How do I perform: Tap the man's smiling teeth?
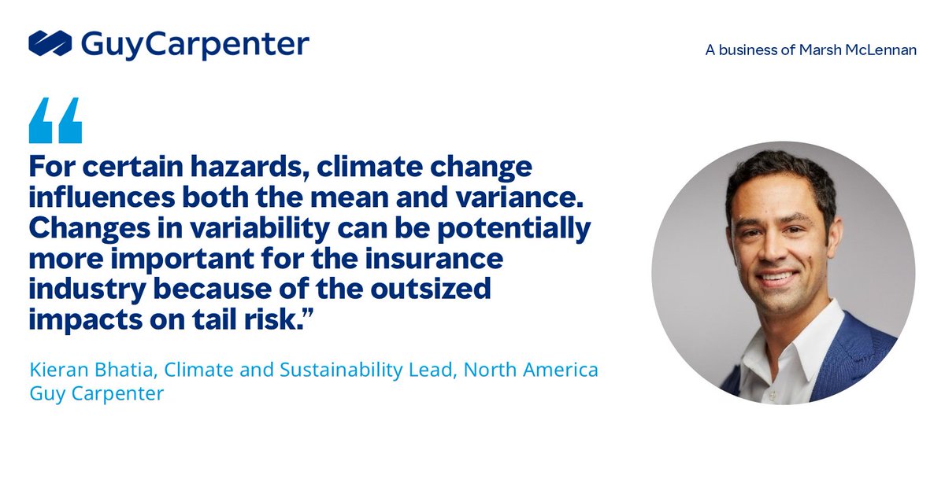pos(777,278)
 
